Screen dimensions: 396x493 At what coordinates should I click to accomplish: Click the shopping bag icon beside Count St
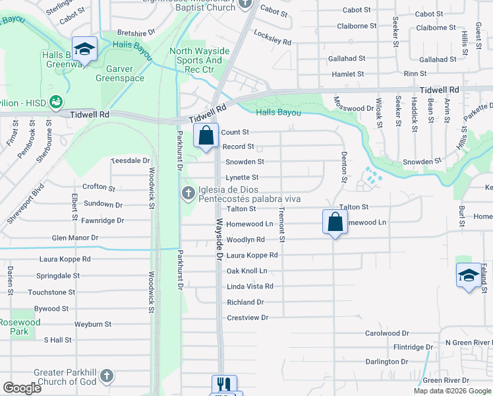point(206,136)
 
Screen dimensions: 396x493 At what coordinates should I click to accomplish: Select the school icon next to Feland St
point(468,275)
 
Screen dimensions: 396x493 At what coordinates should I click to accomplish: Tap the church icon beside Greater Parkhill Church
point(106,377)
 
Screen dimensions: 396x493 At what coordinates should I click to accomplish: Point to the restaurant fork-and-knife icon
point(224,385)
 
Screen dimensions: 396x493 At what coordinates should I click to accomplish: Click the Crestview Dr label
point(248,317)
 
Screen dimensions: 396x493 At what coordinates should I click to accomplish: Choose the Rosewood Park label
point(20,327)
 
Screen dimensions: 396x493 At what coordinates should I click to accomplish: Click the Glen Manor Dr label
point(75,238)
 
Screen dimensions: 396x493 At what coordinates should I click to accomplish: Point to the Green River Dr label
point(446,380)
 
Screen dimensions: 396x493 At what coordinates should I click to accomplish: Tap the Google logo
point(22,388)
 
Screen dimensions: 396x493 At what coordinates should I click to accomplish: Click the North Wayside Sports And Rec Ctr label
point(200,60)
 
